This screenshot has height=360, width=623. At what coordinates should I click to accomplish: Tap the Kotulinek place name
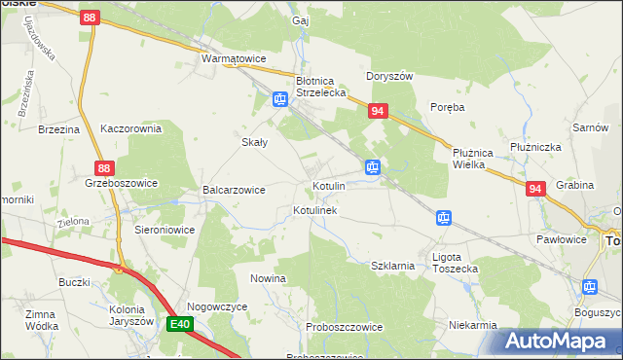[314, 210]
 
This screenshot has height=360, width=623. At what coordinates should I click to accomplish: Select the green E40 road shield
[177, 324]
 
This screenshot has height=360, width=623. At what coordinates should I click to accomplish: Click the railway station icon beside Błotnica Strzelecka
[279, 99]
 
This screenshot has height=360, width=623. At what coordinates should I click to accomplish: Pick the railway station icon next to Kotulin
[372, 167]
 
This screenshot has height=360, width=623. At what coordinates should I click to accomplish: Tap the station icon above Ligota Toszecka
[444, 218]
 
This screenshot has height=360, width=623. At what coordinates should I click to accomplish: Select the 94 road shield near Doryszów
[379, 113]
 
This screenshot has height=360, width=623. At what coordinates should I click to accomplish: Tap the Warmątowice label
[234, 59]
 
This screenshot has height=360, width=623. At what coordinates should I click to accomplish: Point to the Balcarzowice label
[234, 190]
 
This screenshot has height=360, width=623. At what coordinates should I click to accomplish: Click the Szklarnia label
[394, 265]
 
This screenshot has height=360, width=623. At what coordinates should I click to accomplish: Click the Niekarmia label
[474, 325]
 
